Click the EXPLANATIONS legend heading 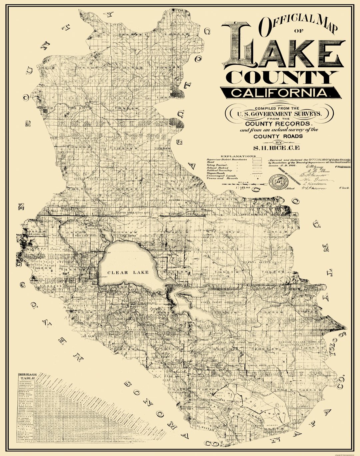click(238, 156)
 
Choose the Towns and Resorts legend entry click(219, 179)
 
